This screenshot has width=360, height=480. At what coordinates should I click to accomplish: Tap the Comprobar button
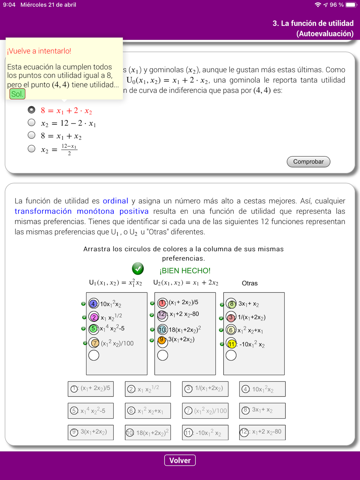[308, 162]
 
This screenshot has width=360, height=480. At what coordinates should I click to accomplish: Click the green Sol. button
[17, 94]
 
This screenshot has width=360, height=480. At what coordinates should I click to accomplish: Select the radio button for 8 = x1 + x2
[32, 135]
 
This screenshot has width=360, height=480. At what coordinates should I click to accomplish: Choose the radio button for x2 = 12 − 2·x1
[32, 123]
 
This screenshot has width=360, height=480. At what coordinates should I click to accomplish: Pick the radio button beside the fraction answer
[32, 149]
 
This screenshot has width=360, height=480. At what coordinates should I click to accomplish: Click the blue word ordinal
[115, 201]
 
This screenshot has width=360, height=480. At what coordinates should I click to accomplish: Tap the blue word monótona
[95, 211]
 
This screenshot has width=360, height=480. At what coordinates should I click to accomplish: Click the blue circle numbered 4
[94, 304]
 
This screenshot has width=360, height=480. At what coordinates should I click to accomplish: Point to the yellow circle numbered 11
[231, 344]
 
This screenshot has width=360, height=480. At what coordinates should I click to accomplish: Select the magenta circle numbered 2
[94, 317]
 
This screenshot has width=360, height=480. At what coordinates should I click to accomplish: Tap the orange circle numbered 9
[162, 340]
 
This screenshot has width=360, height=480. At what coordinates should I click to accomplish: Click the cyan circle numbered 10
[162, 329]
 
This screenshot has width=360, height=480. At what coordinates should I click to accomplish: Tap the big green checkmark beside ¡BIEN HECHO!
[138, 268]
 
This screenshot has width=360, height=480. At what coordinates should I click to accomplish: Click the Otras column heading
[249, 283]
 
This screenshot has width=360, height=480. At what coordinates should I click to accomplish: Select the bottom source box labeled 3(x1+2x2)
[91, 432]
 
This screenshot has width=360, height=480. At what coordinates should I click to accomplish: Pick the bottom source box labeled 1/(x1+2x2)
[205, 389]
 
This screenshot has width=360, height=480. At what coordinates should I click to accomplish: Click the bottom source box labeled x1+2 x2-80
[262, 432]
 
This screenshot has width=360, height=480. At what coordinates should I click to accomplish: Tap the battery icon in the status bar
[351, 5]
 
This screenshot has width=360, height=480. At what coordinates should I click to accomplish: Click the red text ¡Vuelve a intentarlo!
[39, 51]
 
